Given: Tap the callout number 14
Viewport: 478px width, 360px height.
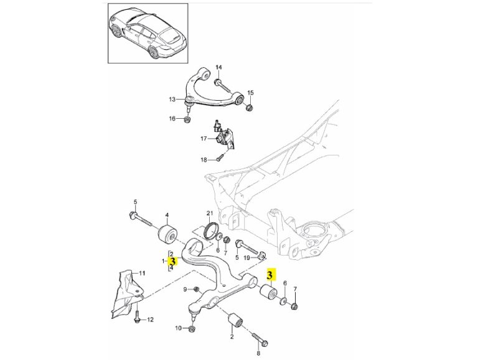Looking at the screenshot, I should pos(218,67).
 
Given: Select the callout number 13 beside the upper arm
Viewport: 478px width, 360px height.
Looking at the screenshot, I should pos(172,99).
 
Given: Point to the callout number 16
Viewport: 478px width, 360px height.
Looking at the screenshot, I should pos(172,119).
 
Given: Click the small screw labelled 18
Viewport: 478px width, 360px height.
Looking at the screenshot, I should pos(219,159).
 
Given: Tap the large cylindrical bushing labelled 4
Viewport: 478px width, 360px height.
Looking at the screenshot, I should pos(167,235).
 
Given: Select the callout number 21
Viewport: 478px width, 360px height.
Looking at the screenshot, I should pos(210,213).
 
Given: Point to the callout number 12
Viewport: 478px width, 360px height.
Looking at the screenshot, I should pos(149,320).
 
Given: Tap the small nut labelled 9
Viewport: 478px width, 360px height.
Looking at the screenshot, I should pos(196,289).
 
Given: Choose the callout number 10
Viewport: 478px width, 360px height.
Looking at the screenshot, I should pos(177,328).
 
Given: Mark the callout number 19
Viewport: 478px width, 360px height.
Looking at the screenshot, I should pos(247,257).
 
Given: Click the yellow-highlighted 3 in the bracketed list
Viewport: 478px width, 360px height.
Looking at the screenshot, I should pos(173,262).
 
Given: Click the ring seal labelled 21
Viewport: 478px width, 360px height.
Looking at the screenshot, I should pos(210,231).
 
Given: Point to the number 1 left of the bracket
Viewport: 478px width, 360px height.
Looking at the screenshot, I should pos(163,261).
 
